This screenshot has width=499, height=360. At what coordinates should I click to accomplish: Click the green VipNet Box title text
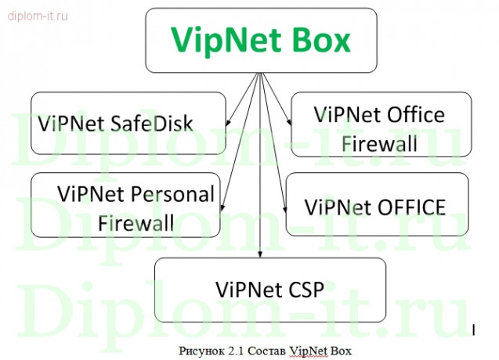(261, 40)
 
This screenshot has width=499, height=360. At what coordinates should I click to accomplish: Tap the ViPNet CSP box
(270, 289)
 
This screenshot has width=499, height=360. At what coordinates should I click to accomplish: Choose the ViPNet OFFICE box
(376, 206)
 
